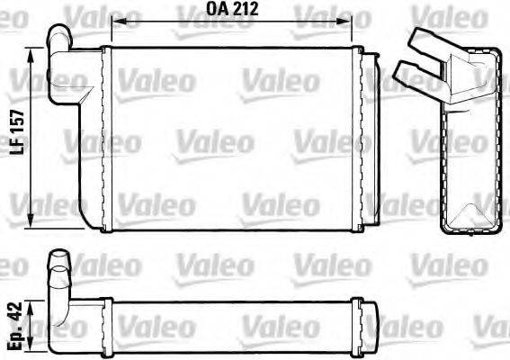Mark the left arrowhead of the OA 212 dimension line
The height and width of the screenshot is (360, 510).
click(114, 20)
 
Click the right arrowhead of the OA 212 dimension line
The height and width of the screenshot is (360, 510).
click(353, 20)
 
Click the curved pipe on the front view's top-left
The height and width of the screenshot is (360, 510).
click(60, 40)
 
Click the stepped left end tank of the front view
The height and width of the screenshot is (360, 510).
click(86, 135)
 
